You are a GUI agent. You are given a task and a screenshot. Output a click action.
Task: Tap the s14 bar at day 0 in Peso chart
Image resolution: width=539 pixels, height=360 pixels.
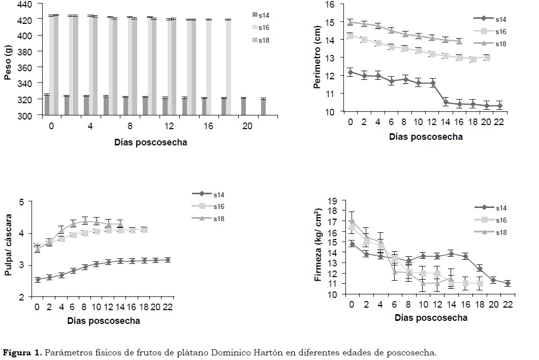[47, 105]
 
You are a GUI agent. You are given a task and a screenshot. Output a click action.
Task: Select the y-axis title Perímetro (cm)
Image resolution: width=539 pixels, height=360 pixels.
[317, 58]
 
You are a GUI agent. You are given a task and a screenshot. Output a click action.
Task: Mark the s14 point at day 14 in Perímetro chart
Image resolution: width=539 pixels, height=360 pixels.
[446, 102]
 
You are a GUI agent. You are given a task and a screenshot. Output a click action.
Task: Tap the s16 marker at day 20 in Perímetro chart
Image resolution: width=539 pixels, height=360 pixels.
[487, 58]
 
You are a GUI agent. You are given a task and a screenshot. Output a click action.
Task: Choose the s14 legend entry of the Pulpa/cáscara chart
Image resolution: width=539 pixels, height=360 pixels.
[219, 194]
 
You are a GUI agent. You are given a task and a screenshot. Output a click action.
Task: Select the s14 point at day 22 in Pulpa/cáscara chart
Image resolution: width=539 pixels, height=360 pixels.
[168, 260]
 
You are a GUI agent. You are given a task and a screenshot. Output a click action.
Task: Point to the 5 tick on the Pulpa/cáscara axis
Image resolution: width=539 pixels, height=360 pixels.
[21, 202]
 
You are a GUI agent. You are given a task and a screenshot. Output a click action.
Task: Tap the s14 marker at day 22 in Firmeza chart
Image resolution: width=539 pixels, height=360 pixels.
[507, 283]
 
